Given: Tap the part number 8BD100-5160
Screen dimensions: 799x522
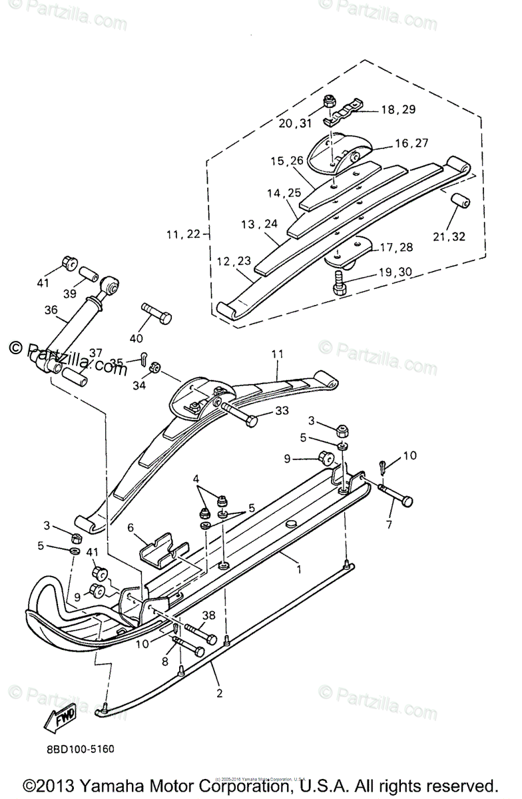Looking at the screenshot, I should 80,749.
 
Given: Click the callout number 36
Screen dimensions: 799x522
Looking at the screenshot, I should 51,309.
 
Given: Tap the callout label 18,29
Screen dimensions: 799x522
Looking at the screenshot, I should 397,109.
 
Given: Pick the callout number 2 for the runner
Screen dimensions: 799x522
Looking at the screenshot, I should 219,693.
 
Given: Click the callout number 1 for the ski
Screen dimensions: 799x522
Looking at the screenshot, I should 299,569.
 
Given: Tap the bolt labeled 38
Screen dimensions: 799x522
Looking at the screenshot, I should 198,631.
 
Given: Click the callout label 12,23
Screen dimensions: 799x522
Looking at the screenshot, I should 233,261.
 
